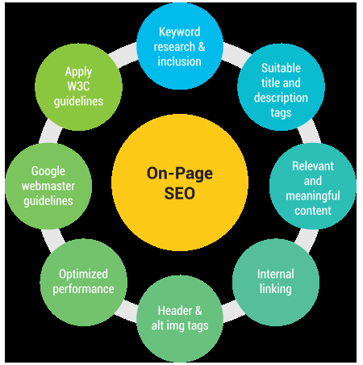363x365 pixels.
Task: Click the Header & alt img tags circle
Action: click(179, 318)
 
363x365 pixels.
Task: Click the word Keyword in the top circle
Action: click(179, 33)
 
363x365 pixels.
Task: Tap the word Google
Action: click(48, 171)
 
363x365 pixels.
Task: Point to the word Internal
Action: click(276, 275)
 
